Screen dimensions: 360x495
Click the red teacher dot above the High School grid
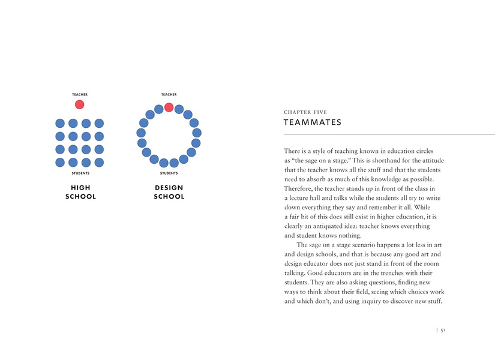click(79, 104)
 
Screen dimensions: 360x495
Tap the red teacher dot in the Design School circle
click(169, 107)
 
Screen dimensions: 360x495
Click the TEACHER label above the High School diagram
click(80, 94)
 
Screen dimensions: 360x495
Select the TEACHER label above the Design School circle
click(169, 94)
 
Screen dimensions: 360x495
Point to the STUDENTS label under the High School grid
click(80, 173)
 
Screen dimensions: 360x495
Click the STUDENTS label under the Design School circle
click(169, 173)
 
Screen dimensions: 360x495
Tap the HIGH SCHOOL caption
click(80, 192)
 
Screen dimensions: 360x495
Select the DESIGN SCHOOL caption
click(169, 192)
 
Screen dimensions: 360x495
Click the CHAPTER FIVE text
click(305, 112)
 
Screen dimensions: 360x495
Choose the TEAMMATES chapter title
click(313, 122)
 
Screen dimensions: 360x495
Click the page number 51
click(442, 330)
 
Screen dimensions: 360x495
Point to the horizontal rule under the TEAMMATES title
click(389, 134)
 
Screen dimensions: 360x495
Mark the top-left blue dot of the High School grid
click(60, 123)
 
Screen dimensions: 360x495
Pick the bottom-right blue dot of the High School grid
click(99, 163)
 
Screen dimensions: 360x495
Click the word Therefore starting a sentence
click(301, 188)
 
